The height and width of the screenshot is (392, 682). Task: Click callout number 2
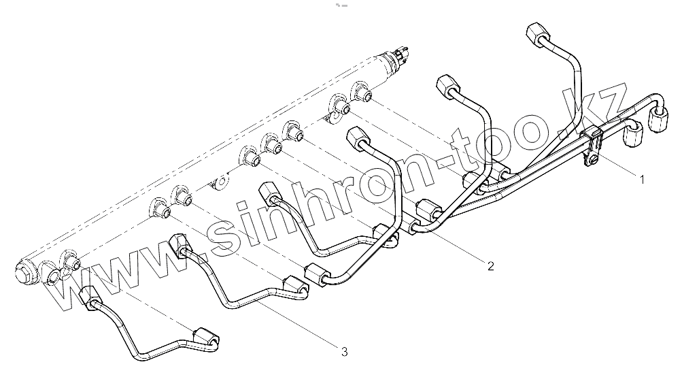490,265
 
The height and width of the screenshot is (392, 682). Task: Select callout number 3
344,351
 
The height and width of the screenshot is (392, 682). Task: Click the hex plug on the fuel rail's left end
23,273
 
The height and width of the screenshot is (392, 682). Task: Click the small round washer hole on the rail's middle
222,183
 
